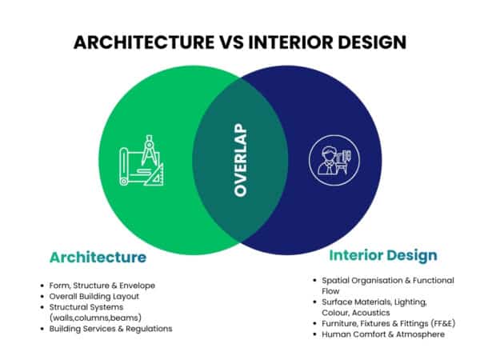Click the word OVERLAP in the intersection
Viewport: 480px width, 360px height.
point(239,160)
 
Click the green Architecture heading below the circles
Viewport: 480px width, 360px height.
point(98,258)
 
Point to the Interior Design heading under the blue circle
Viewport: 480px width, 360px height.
point(383,256)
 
